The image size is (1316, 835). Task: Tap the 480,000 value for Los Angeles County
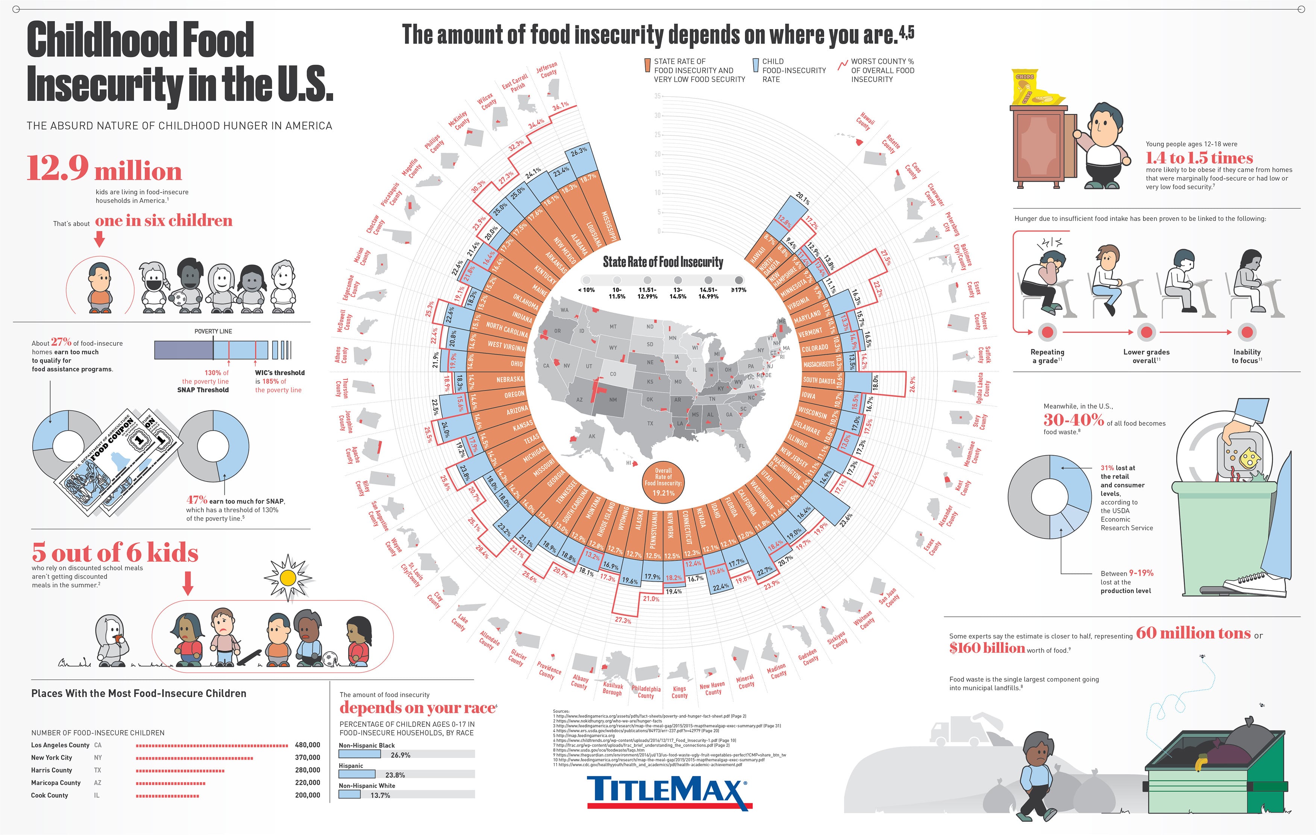[x=307, y=745]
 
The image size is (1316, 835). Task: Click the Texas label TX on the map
[x=650, y=423]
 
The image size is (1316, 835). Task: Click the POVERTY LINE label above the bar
[x=213, y=331]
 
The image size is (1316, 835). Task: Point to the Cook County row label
[x=50, y=795]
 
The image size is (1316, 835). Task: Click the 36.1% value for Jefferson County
[x=560, y=106]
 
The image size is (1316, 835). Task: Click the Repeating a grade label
[x=1047, y=356]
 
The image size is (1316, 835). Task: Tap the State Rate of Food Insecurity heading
[x=663, y=262]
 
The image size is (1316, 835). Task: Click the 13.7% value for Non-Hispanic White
[x=381, y=795]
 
